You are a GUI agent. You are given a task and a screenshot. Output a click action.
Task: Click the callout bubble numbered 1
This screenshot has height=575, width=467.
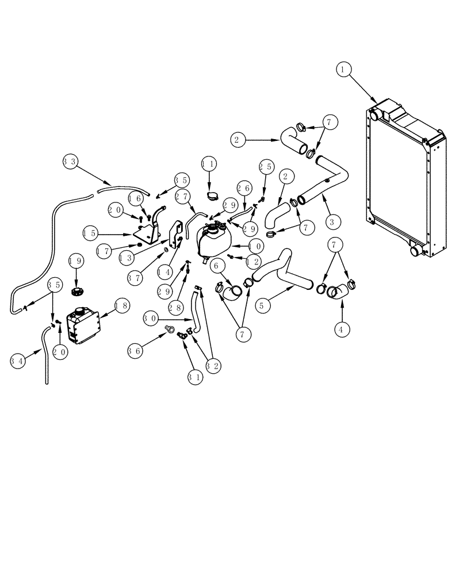(x=343, y=70)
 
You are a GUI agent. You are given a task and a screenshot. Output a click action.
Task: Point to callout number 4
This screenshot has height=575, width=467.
(x=343, y=330)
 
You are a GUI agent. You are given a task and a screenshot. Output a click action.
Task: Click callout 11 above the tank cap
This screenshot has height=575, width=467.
(x=209, y=164)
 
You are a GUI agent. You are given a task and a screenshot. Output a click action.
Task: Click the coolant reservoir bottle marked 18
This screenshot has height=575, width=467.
(x=83, y=325)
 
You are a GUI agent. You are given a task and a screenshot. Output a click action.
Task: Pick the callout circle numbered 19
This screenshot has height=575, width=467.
(x=77, y=260)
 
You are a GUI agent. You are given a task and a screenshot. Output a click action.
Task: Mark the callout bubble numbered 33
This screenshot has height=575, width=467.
(x=70, y=162)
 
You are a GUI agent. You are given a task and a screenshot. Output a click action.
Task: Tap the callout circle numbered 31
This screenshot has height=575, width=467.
(x=196, y=377)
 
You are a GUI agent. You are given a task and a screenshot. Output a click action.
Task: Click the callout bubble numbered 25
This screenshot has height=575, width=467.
(x=266, y=167)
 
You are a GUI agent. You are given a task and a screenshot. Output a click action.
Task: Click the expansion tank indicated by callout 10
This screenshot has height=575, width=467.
(x=213, y=241)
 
